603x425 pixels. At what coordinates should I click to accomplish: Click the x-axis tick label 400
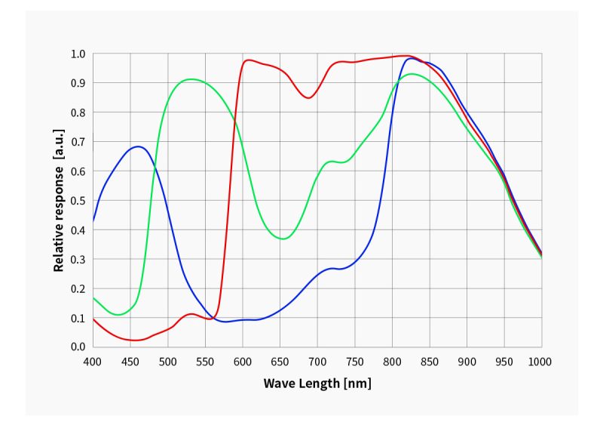(93, 362)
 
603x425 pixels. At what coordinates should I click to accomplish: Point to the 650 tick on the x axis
(280, 362)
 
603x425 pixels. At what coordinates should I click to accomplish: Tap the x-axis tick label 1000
(540, 362)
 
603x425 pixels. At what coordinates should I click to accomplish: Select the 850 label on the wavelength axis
(429, 362)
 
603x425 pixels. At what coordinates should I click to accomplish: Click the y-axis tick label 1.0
(78, 54)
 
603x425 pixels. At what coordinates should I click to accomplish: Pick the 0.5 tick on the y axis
(78, 200)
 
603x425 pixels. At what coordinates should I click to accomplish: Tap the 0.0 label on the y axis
(78, 346)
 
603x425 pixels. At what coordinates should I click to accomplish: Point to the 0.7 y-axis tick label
(78, 142)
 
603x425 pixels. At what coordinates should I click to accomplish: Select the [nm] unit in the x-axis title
(357, 383)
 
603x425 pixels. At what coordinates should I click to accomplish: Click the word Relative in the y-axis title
(58, 241)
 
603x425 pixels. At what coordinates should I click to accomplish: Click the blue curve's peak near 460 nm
(137, 146)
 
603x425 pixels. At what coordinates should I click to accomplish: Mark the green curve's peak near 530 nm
(191, 79)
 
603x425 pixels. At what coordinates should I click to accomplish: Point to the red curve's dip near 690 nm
(308, 97)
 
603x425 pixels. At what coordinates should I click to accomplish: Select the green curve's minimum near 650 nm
(282, 239)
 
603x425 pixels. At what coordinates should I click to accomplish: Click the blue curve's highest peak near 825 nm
(411, 58)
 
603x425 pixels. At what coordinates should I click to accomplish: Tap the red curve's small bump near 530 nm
(191, 314)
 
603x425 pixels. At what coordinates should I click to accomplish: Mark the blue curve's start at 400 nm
(93, 221)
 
